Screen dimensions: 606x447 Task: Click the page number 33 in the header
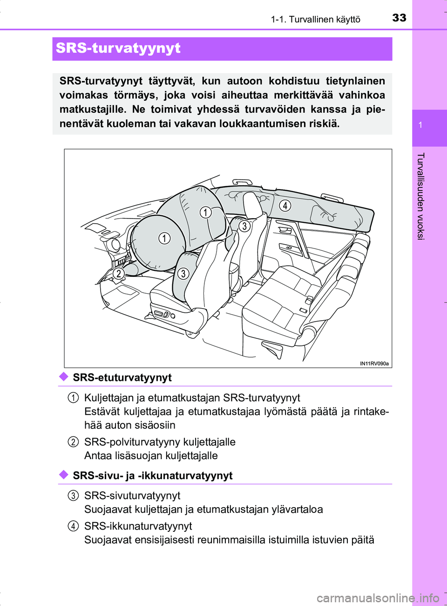coord(399,18)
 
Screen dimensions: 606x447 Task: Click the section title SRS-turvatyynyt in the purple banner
coord(118,48)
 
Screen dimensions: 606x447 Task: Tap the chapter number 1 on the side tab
coord(420,125)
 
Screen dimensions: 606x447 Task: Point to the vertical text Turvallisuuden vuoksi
coord(420,196)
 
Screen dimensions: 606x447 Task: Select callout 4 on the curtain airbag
coord(285,205)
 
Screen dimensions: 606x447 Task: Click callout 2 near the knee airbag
coord(119,273)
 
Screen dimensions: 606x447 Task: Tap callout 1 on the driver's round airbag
coord(164,238)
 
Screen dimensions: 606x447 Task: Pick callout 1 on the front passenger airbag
coord(206,213)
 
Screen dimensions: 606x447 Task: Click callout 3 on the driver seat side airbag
coord(183,273)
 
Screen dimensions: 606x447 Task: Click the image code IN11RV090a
coord(374,364)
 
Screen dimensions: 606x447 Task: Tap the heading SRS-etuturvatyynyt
coord(122,378)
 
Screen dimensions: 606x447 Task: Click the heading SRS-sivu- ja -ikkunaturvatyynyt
coord(152,475)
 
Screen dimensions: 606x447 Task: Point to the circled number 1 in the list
coord(73,398)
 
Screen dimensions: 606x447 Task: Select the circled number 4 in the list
coord(73,526)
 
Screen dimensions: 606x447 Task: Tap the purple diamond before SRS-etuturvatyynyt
coord(64,377)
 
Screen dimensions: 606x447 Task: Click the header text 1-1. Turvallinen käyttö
coord(315,19)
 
